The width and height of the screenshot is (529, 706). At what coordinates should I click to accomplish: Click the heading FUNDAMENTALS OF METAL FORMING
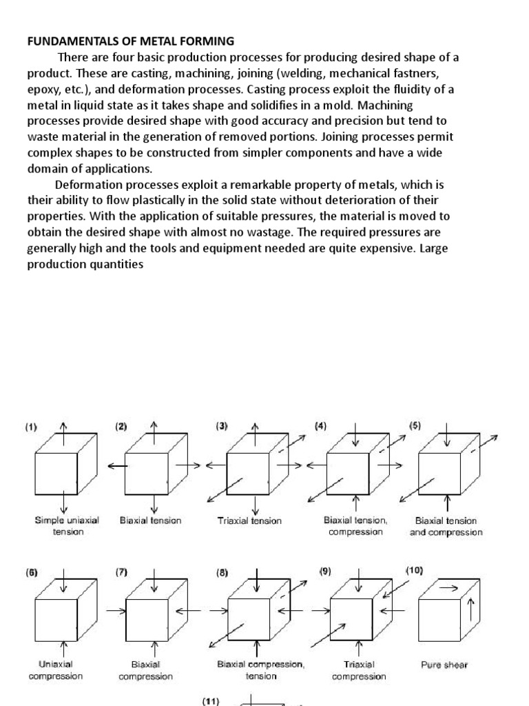(130, 41)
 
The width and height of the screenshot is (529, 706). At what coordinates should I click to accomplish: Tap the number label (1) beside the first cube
(32, 427)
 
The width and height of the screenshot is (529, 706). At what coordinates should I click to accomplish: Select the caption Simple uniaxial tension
(67, 526)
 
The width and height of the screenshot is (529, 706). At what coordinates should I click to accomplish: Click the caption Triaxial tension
(249, 521)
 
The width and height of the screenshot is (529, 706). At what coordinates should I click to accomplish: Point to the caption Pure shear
(444, 665)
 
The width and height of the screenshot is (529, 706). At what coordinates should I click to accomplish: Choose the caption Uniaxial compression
(55, 670)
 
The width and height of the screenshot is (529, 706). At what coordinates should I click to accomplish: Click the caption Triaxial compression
(358, 670)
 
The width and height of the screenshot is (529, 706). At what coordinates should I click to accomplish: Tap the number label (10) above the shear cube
(415, 571)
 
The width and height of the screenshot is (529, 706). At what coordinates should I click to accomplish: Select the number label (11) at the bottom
(210, 701)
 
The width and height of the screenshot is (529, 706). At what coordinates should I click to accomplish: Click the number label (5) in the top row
(415, 426)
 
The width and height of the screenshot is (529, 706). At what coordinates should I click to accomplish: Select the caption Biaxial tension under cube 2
(150, 521)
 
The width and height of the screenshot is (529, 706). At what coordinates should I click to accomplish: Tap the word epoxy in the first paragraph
(43, 90)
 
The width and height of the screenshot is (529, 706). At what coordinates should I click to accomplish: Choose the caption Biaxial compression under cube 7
(145, 670)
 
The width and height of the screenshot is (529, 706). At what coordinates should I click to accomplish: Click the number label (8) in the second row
(222, 572)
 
